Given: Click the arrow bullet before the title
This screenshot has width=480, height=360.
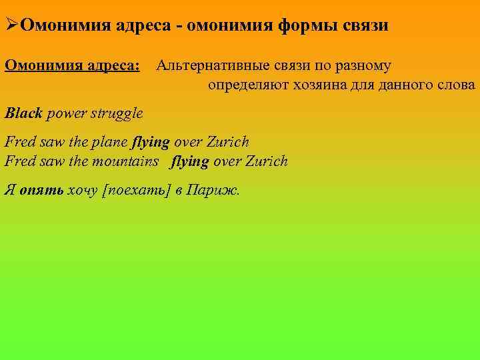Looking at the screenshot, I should (11, 26).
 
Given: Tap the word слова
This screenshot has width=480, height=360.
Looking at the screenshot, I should (457, 85).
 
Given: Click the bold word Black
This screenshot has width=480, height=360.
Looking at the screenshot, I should (23, 113).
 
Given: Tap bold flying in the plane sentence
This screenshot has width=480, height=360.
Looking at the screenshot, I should (151, 142).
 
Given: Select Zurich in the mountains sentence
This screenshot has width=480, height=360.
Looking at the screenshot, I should (267, 161).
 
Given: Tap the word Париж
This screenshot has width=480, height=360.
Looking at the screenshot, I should (213, 189).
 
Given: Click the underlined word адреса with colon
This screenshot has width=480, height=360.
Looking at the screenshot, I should (114, 66).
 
